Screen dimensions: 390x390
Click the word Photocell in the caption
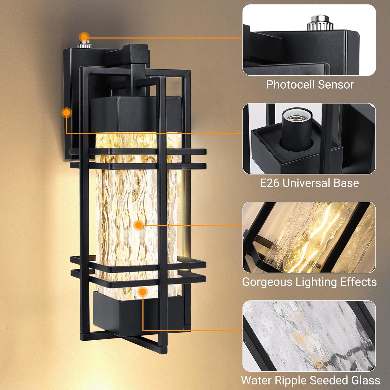[x=290, y=85]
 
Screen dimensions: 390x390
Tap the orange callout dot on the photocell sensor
[x=84, y=37]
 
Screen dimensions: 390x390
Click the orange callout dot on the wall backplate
[x=67, y=113]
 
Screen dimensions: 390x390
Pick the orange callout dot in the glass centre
[x=139, y=225]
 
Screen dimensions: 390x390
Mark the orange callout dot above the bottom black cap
[x=142, y=292]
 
